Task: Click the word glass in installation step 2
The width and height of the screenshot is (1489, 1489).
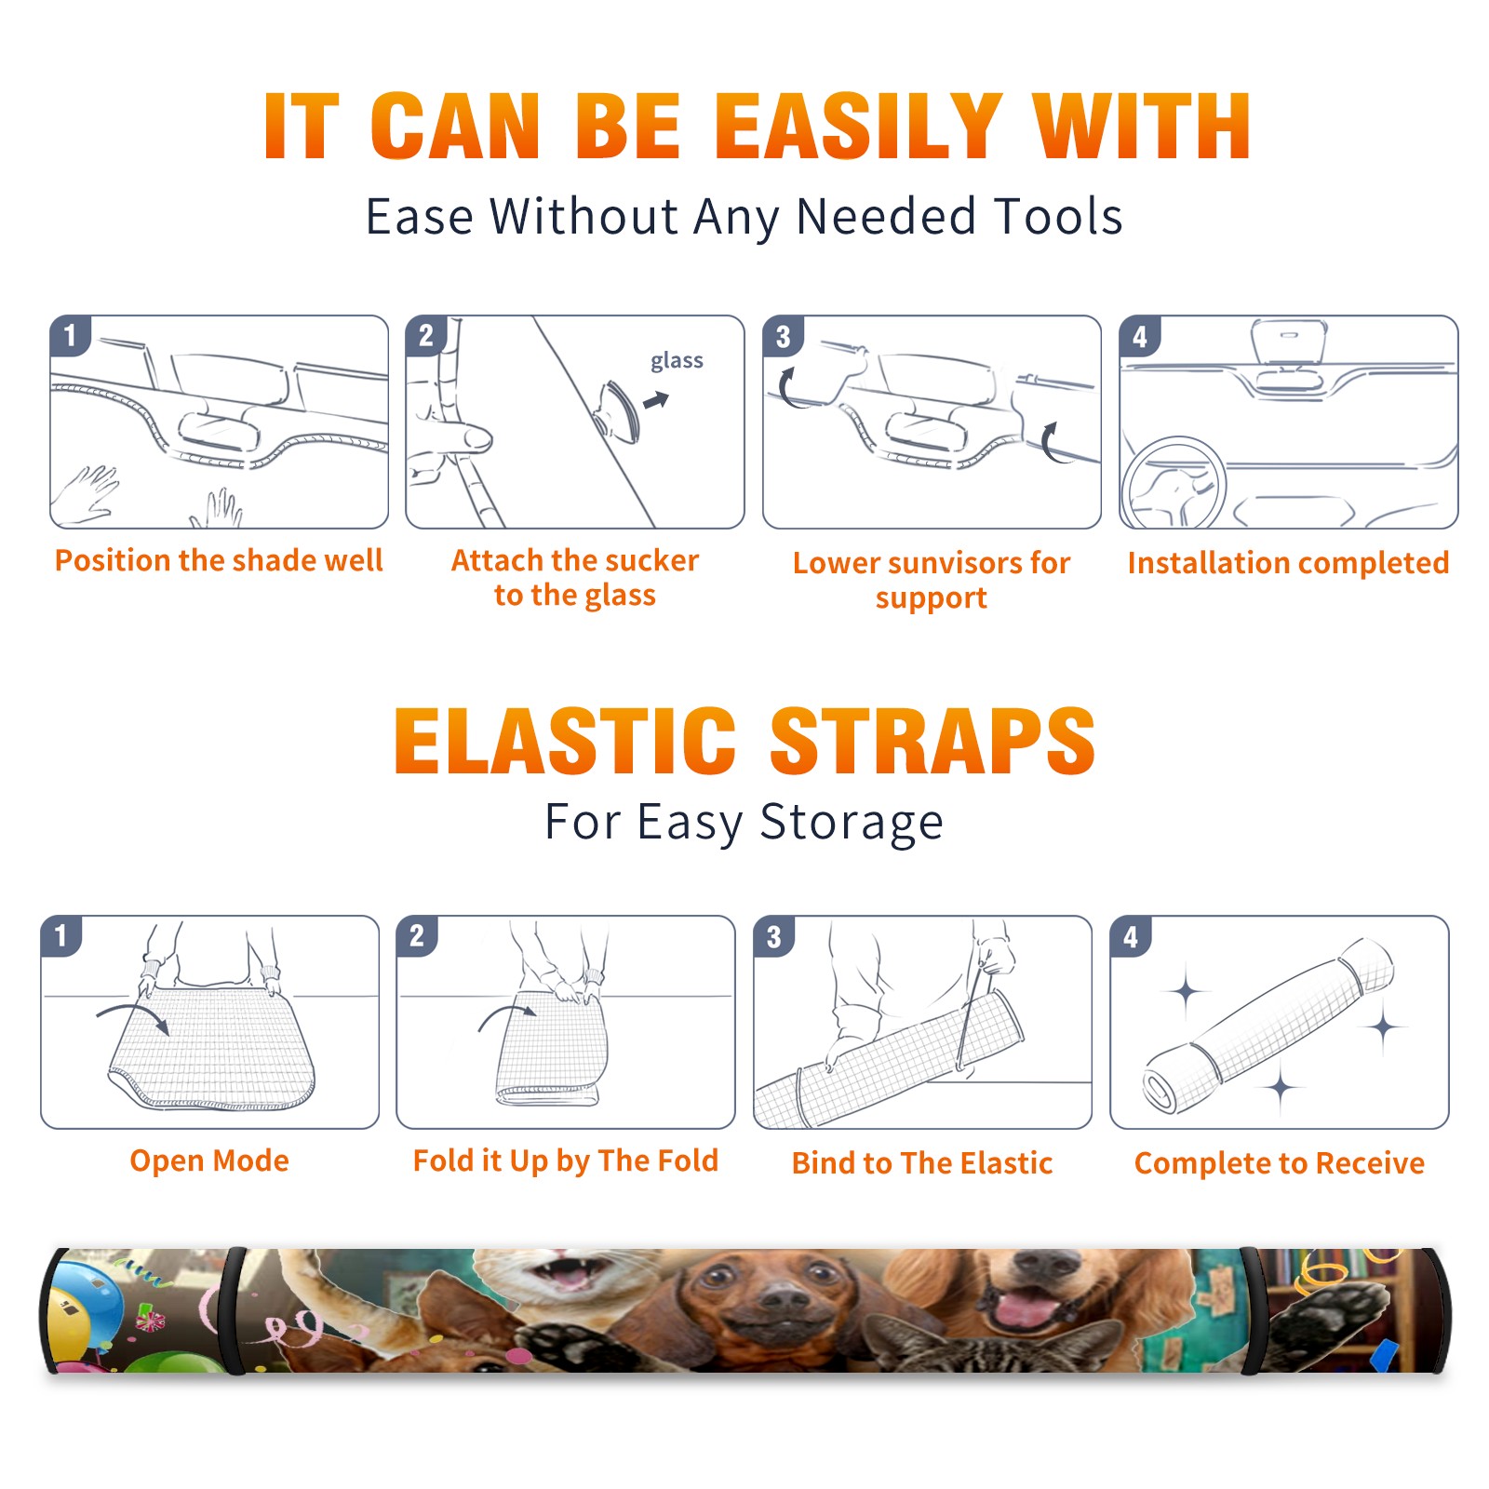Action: [677, 360]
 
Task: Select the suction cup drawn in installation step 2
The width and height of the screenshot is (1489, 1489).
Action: [619, 411]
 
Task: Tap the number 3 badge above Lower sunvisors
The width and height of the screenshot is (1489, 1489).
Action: [783, 337]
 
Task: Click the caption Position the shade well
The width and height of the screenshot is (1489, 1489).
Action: [219, 560]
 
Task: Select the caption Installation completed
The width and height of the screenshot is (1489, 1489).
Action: [1288, 563]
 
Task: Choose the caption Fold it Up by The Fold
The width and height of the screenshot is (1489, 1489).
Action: [566, 1160]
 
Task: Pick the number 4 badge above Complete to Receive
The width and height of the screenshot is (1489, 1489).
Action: [1131, 936]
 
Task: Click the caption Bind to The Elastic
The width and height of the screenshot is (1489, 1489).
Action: [922, 1163]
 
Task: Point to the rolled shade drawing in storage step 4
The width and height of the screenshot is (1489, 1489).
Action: [1268, 1026]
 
